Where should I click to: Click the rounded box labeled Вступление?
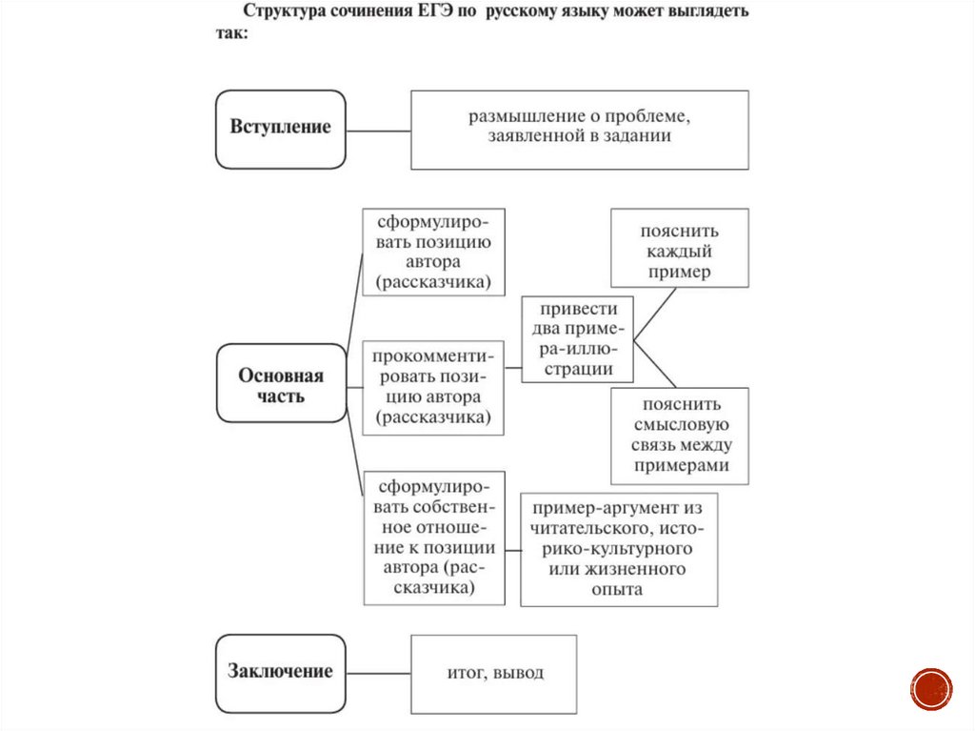click(280, 129)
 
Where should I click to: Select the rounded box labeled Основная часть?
click(281, 383)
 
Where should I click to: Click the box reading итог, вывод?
click(494, 673)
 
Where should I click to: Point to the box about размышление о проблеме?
click(579, 129)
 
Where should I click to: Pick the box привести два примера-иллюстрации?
click(578, 339)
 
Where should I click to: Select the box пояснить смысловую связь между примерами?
click(679, 435)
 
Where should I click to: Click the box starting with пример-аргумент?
click(619, 549)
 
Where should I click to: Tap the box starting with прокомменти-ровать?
click(433, 387)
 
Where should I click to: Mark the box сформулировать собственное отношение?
click(433, 538)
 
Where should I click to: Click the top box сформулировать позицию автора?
click(433, 252)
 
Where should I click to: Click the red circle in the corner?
click(931, 688)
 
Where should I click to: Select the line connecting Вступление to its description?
click(378, 130)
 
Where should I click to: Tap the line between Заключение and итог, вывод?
click(378, 673)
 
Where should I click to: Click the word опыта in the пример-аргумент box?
click(617, 590)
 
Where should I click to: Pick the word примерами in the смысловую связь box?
click(679, 466)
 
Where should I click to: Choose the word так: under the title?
click(230, 34)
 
